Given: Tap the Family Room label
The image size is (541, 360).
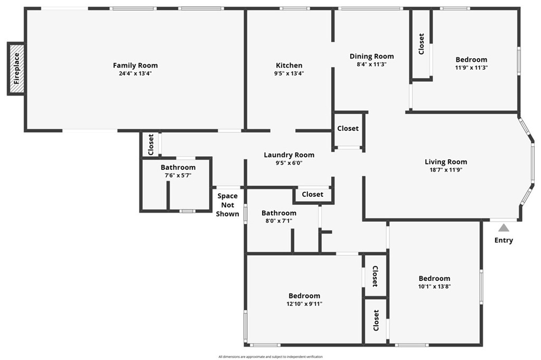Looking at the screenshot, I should click(135, 65).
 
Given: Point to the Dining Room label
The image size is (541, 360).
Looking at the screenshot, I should click(372, 56).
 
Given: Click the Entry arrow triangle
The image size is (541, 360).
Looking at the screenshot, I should click(503, 228).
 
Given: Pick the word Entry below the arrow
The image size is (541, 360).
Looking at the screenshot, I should click(503, 241).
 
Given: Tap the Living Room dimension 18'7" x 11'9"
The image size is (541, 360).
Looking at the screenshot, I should click(446, 170).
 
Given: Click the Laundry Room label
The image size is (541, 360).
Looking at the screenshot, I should click(289, 155).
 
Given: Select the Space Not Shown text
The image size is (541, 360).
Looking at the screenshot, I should click(228, 205).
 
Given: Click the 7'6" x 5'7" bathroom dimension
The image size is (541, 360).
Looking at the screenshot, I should click(178, 176).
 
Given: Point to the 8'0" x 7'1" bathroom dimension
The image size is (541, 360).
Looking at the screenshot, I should click(279, 221).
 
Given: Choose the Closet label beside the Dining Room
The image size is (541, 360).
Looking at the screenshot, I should click(348, 128).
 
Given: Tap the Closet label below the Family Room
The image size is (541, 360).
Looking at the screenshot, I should click(151, 145).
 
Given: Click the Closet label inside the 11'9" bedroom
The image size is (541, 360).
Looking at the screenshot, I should click(421, 44).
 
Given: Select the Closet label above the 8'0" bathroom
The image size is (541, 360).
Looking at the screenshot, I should click(312, 194).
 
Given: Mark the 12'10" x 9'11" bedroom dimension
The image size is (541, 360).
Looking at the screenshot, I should click(304, 304).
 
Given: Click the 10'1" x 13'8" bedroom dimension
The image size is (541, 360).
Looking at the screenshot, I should click(434, 287).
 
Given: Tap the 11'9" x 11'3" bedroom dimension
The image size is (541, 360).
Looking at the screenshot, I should click(471, 68).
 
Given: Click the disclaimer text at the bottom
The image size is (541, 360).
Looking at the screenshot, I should click(270, 357).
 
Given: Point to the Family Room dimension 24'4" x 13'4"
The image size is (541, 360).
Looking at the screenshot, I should click(135, 74).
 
